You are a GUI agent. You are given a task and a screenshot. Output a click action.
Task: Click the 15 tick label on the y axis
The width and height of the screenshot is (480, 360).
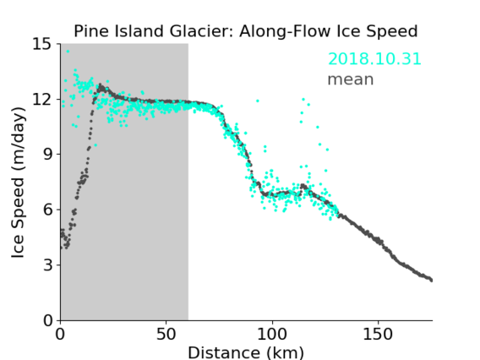[42, 44]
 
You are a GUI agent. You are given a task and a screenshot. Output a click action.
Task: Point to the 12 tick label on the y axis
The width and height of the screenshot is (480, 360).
[42, 100]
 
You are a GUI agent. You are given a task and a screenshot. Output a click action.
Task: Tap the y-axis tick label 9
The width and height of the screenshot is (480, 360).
[48, 155]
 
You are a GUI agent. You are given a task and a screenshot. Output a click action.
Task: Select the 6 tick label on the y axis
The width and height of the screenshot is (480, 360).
[48, 210]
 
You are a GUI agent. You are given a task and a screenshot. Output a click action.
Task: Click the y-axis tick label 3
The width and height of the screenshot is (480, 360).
[48, 265]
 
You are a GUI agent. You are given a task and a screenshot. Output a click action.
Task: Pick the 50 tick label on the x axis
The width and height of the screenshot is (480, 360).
[166, 335]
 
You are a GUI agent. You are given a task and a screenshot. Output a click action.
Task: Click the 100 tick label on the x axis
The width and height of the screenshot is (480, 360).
[272, 335]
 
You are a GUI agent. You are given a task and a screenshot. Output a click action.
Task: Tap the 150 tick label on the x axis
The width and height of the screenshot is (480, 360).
[378, 335]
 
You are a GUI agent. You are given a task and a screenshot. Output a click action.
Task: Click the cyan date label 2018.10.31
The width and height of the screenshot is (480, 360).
[374, 59]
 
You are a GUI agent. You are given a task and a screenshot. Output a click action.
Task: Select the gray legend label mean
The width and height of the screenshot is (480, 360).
[351, 79]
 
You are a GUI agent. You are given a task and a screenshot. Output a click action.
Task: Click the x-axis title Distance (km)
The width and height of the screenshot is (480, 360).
[246, 352]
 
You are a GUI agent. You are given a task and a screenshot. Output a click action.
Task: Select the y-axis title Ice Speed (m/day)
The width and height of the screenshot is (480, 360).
[18, 183]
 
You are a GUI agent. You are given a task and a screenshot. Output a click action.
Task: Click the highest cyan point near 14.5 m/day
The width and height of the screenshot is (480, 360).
[68, 52]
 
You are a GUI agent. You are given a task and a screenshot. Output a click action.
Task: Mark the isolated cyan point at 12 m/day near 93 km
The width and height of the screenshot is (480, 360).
[258, 101]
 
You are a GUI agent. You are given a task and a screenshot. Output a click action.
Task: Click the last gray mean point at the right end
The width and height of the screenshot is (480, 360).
[431, 280]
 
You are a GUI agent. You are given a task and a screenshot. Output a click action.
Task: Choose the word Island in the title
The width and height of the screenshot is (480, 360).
[139, 31]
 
